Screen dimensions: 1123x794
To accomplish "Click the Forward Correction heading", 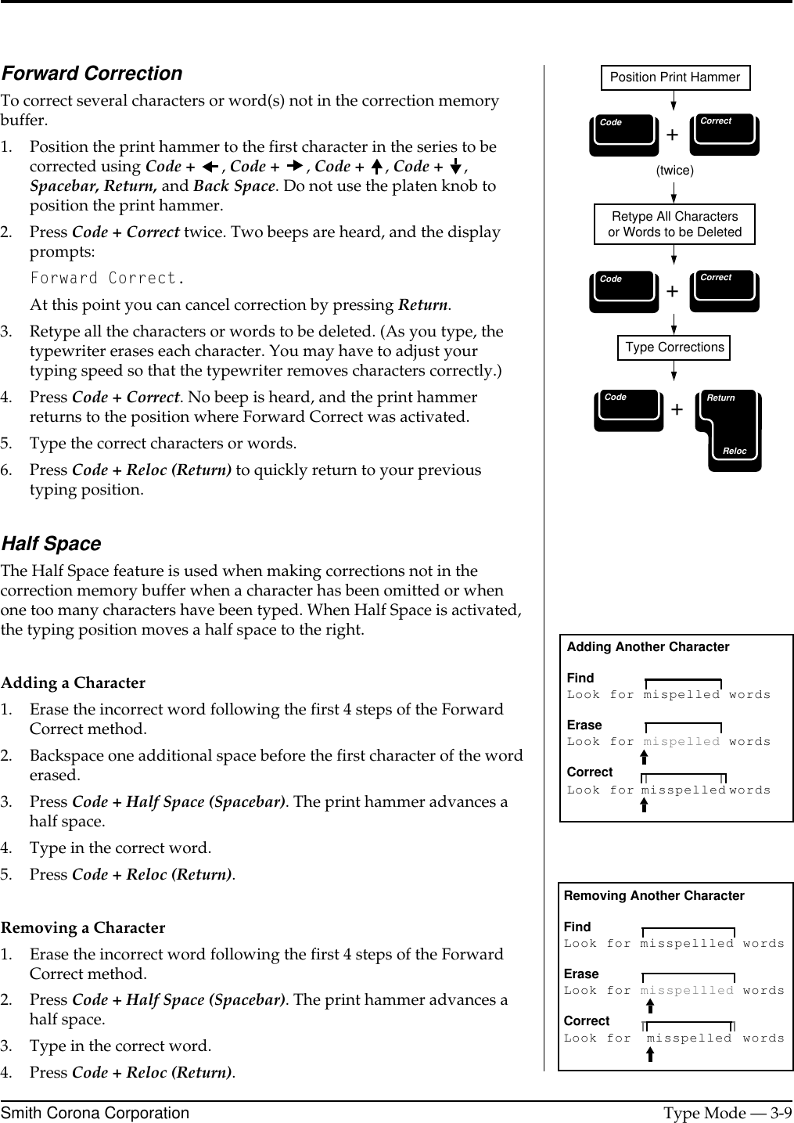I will pyautogui.click(x=92, y=74).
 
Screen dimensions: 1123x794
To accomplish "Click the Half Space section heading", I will pyautogui.click(x=51, y=544).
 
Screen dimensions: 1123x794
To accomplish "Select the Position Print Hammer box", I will pyautogui.click(x=674, y=77).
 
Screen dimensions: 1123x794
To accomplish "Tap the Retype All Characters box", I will pyautogui.click(x=674, y=225).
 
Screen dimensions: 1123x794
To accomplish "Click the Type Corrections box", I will pyautogui.click(x=674, y=347).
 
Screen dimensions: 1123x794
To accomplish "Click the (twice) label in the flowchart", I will pyautogui.click(x=674, y=170).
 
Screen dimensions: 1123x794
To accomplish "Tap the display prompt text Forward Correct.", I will pyautogui.click(x=108, y=279).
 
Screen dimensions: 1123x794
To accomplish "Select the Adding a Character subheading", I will pyautogui.click(x=73, y=683).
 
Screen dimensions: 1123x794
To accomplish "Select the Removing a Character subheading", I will pyautogui.click(x=83, y=928).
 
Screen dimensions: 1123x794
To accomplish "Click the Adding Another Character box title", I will pyautogui.click(x=648, y=647).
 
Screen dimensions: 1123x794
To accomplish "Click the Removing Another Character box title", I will pyautogui.click(x=654, y=896).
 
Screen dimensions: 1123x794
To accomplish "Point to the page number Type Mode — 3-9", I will pyautogui.click(x=727, y=1113).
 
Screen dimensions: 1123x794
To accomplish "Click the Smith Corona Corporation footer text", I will pyautogui.click(x=95, y=1113).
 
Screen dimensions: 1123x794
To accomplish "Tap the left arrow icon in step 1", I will pyautogui.click(x=210, y=167).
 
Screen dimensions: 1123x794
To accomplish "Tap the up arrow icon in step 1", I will pyautogui.click(x=377, y=167).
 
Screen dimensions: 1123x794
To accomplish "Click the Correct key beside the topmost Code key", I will pyautogui.click(x=724, y=134).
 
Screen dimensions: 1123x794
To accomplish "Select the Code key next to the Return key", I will pyautogui.click(x=628, y=410).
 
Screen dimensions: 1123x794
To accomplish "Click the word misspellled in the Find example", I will pyautogui.click(x=687, y=944).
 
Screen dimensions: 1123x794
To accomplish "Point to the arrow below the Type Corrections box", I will pyautogui.click(x=674, y=373).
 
